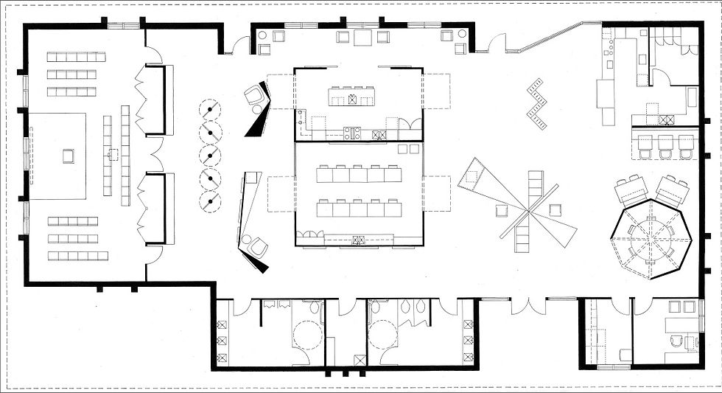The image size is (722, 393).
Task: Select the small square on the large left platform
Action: pyautogui.click(x=69, y=156)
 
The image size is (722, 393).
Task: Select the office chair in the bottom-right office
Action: pyautogui.click(x=676, y=341)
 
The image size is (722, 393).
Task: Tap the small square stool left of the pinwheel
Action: pyautogui.click(x=502, y=211)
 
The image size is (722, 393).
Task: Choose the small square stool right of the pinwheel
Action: pyautogui.click(x=553, y=210)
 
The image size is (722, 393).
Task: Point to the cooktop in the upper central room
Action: pyautogui.click(x=352, y=133)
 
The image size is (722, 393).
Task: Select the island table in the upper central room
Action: pyautogui.click(x=353, y=98)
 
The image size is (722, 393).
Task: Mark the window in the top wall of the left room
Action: pyautogui.click(x=123, y=26)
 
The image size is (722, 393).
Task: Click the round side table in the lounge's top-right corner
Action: pyautogui.click(x=462, y=34)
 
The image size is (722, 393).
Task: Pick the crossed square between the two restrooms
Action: pyautogui.click(x=359, y=360)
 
